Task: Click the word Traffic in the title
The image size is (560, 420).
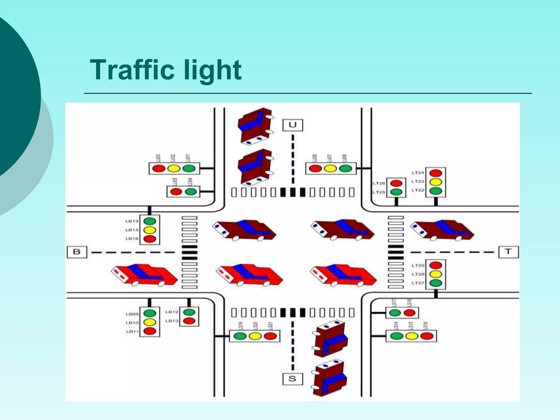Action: (132, 70)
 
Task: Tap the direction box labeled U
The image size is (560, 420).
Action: (293, 125)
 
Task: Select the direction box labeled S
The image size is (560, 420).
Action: (292, 379)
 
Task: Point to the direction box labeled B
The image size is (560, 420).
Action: (77, 252)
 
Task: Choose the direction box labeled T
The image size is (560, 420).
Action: (508, 252)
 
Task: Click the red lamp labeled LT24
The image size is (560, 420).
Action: (436, 173)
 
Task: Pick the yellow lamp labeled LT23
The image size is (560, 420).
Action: (436, 182)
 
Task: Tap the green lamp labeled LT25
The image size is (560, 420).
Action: (396, 192)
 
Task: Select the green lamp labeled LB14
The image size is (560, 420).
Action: (150, 221)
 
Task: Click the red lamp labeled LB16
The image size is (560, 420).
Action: (150, 239)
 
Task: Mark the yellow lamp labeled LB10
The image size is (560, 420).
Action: (150, 322)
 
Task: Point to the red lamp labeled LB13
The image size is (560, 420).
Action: (189, 321)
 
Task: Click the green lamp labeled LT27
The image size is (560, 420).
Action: (436, 283)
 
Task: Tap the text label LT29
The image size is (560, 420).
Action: (418, 265)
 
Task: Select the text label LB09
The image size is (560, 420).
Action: (132, 314)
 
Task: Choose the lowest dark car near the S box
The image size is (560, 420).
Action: (329, 378)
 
